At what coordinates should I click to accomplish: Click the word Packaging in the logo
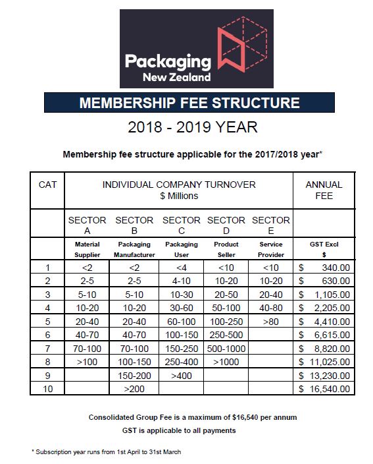click(x=168, y=61)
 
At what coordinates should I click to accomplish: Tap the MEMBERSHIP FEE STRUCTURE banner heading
click(x=189, y=103)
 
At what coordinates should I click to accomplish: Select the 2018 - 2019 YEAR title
click(x=189, y=127)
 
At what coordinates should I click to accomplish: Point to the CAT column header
click(x=47, y=185)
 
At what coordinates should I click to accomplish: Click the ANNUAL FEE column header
click(x=324, y=190)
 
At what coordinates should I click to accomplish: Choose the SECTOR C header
click(x=181, y=225)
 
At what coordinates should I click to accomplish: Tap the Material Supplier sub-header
click(x=87, y=248)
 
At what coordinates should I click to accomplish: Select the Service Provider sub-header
click(x=270, y=248)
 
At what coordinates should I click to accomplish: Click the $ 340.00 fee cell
click(x=324, y=268)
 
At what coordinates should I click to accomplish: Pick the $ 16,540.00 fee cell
click(x=324, y=389)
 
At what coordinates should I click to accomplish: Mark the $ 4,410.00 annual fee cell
click(x=324, y=322)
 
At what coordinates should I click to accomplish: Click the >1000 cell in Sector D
click(x=226, y=362)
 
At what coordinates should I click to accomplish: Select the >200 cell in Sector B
click(x=134, y=389)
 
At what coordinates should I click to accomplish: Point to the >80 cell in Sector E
click(x=270, y=322)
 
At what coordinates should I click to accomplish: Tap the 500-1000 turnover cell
click(x=226, y=349)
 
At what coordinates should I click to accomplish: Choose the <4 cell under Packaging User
click(x=181, y=268)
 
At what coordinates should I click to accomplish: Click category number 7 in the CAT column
click(x=47, y=349)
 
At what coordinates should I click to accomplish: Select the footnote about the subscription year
click(x=106, y=451)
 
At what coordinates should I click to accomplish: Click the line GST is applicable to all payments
click(x=187, y=430)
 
